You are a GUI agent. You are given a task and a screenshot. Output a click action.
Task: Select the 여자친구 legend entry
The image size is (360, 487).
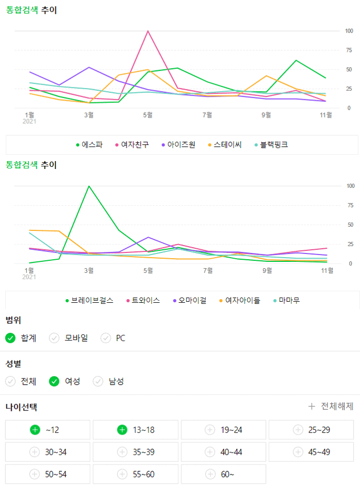[135, 144]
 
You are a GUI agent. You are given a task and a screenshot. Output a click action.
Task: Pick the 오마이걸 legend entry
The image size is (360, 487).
[189, 300]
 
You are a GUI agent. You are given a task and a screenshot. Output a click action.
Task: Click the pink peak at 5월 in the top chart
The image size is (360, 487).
[148, 31]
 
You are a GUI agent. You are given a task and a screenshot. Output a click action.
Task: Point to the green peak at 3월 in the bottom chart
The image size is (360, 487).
[89, 186]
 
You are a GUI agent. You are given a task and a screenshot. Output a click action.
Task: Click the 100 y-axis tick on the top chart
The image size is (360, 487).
[349, 31]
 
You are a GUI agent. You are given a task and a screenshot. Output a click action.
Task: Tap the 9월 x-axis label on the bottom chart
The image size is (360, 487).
[267, 271]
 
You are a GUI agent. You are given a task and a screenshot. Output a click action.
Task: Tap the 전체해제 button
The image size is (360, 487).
[331, 406]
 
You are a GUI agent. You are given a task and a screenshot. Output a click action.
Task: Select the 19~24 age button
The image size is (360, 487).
[224, 430]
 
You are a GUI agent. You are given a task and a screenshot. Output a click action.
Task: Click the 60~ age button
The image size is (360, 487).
[224, 474]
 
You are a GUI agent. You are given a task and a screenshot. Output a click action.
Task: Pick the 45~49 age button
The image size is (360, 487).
[312, 452]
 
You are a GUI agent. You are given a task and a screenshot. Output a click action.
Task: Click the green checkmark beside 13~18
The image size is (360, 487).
[122, 430]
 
